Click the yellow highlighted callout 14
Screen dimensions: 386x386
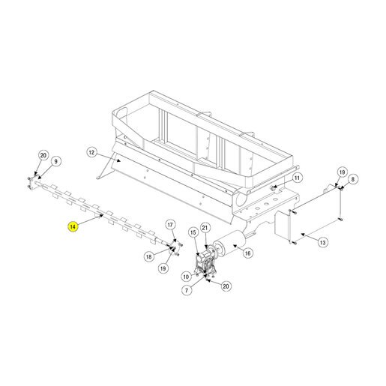coord(73,226)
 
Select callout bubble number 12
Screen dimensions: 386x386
coord(91,152)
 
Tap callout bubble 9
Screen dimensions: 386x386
coord(55,161)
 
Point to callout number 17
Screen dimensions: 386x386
coord(170,225)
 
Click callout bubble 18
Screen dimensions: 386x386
coord(149,256)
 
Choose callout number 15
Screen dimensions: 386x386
coord(193,232)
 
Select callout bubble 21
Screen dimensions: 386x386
coord(205,228)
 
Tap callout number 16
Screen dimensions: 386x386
coord(247,253)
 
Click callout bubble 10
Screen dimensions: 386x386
coord(186,277)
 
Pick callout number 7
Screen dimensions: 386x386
coord(187,290)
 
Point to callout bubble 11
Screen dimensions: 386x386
coord(297,178)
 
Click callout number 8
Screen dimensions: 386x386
coord(353,179)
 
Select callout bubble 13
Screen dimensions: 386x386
coord(323,242)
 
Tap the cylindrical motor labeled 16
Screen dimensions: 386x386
coord(229,244)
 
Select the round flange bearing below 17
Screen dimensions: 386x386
coord(175,247)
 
